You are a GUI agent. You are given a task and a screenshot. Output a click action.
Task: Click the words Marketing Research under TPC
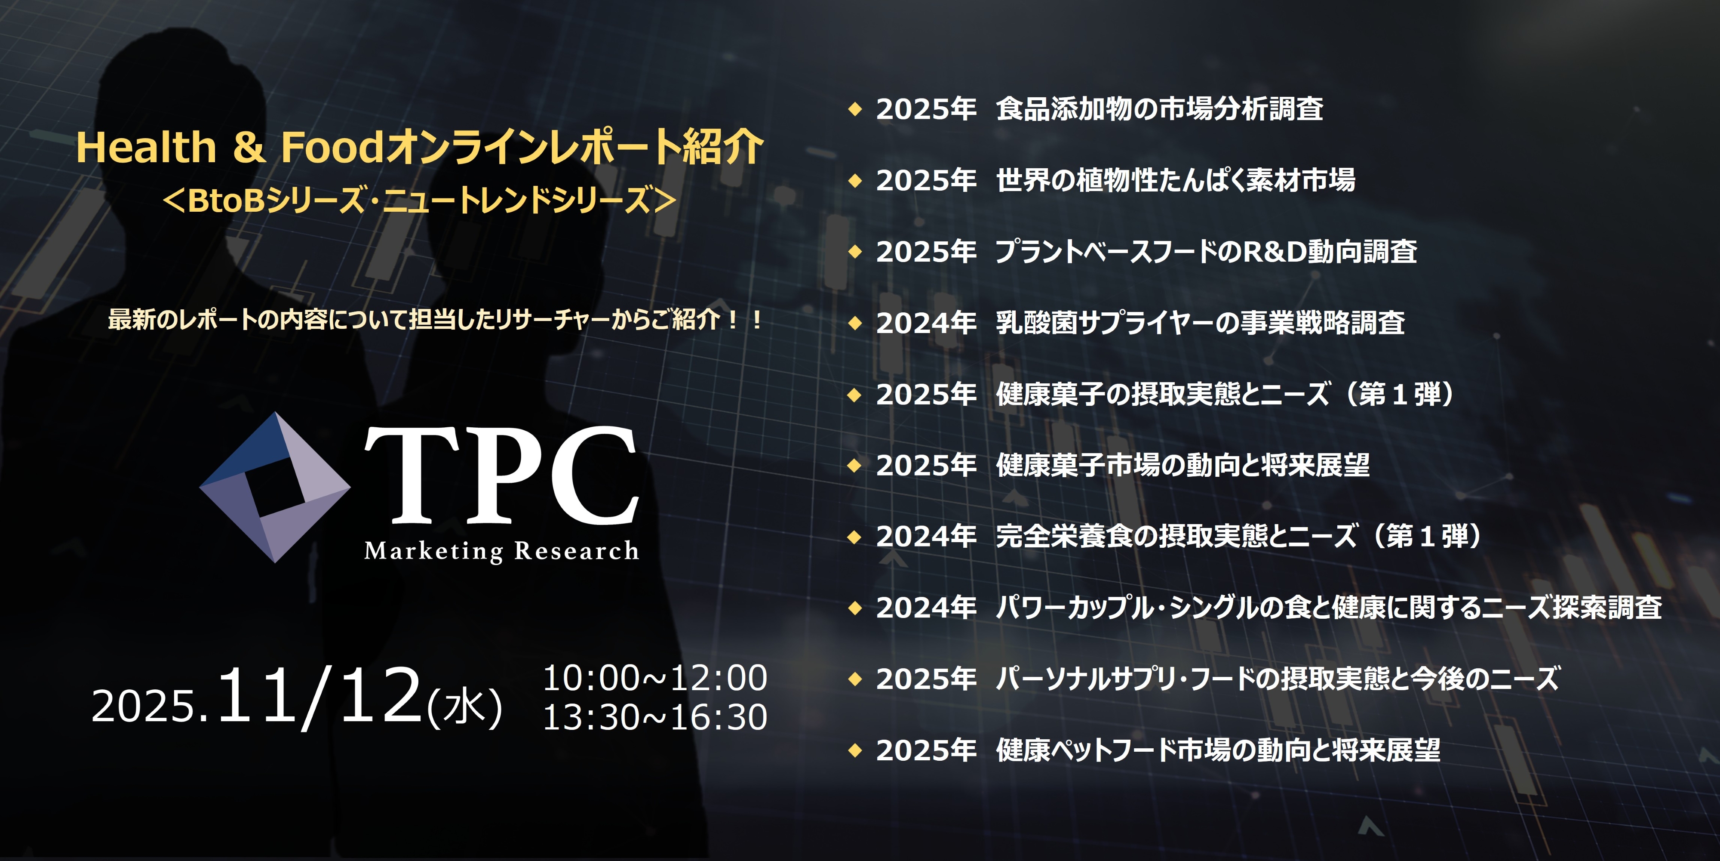pyautogui.click(x=501, y=551)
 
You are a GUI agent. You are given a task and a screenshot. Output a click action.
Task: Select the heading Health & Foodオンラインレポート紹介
pyautogui.click(x=419, y=147)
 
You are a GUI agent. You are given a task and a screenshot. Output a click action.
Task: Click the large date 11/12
pyautogui.click(x=319, y=696)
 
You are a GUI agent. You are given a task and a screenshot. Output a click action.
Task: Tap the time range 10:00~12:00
pyautogui.click(x=655, y=678)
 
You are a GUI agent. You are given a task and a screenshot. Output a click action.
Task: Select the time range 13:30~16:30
pyautogui.click(x=655, y=717)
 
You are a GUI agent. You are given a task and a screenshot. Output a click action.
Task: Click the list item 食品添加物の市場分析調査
pyautogui.click(x=1159, y=109)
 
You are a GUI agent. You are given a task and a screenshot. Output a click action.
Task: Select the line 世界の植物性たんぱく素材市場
pyautogui.click(x=1175, y=180)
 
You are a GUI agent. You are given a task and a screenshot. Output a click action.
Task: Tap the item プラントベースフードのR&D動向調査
pyautogui.click(x=1206, y=252)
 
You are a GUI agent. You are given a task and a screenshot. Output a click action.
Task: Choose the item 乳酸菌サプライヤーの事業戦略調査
pyautogui.click(x=1200, y=323)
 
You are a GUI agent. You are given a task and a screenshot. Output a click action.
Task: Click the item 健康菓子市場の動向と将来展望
pyautogui.click(x=1182, y=466)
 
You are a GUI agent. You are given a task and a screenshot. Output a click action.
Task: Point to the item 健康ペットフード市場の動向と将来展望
pyautogui.click(x=1218, y=750)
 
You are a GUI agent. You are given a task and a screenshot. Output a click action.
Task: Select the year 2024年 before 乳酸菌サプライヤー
pyautogui.click(x=926, y=323)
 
